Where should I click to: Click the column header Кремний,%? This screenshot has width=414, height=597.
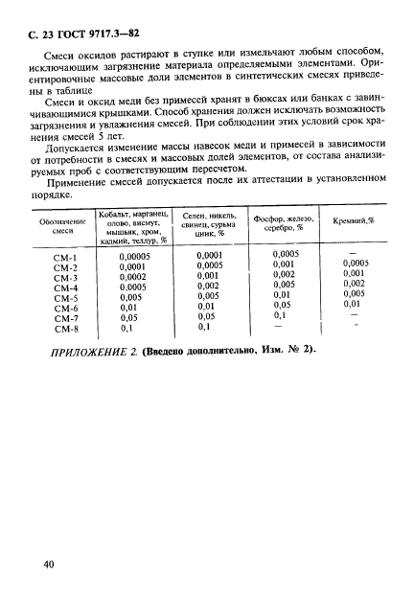pos(355,221)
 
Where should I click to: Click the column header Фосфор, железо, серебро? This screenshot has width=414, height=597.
pos(284,224)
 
